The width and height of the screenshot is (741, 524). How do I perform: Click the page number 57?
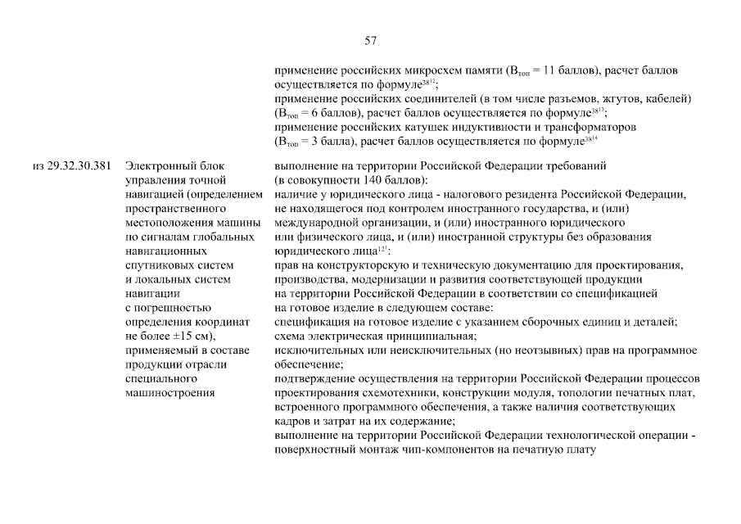point(370,41)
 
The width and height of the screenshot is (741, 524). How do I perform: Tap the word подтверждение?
point(315,378)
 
